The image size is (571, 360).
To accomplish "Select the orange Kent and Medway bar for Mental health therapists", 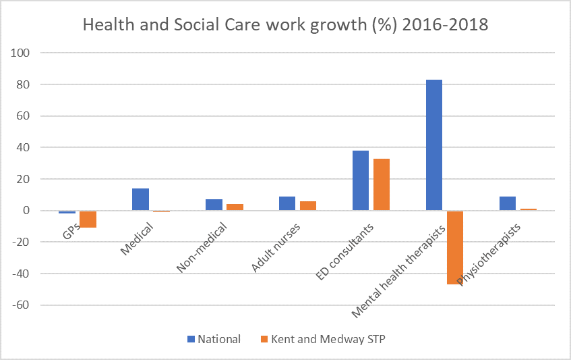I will click(x=454, y=247).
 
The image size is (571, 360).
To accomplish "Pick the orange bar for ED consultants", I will click(x=381, y=184).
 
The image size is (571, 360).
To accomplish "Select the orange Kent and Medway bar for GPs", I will click(x=88, y=219).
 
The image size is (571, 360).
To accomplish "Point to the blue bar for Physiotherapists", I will click(x=507, y=203).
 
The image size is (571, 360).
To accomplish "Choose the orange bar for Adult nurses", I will click(x=308, y=206).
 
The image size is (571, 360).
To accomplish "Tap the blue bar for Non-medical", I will click(x=214, y=205).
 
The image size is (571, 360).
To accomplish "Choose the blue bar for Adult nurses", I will click(x=287, y=203).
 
